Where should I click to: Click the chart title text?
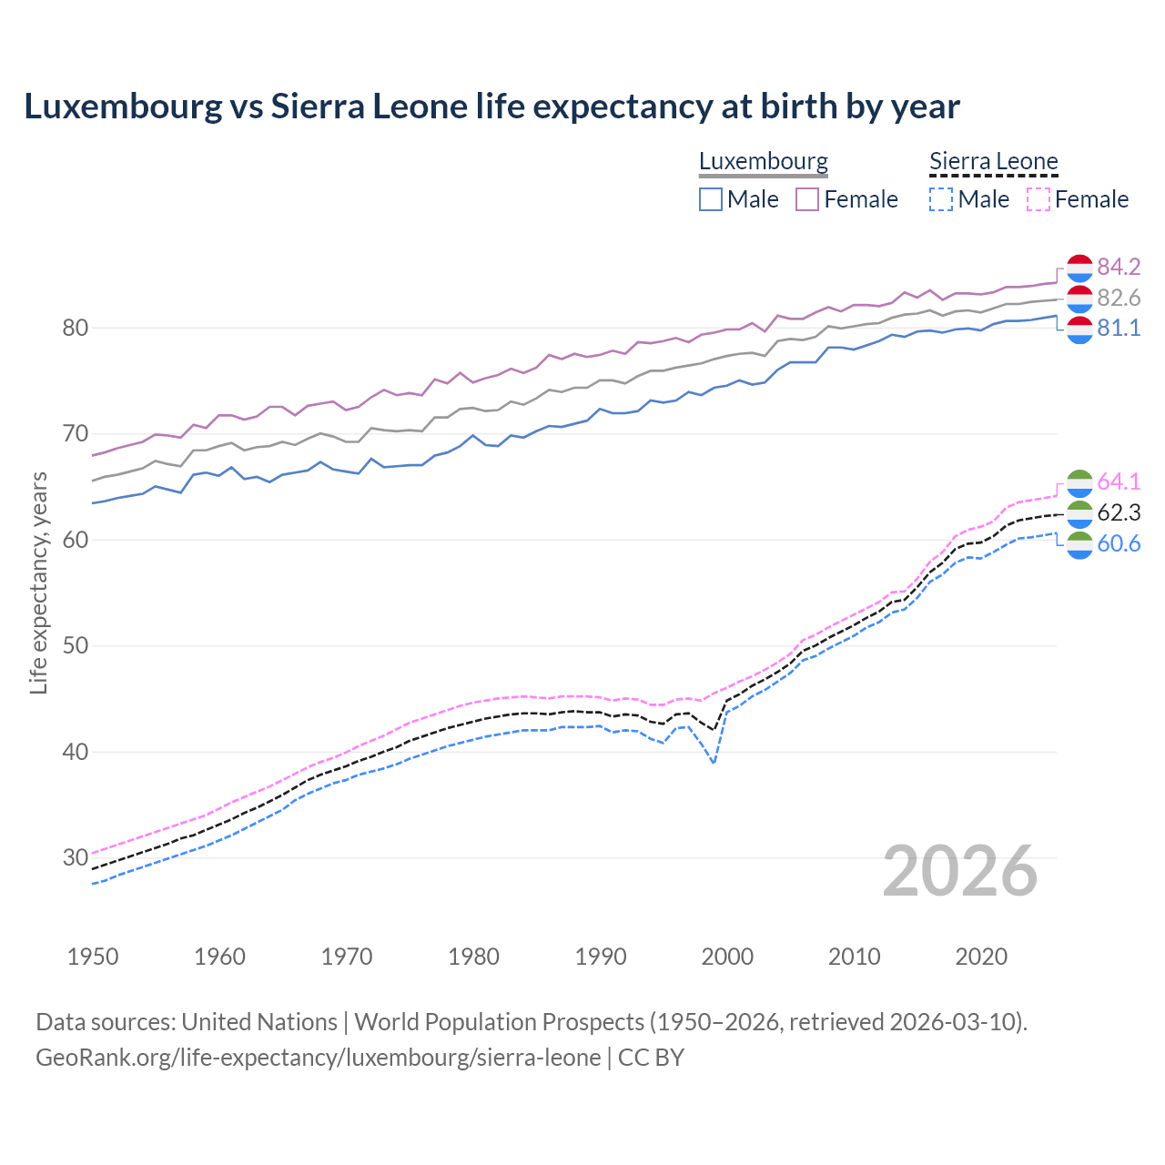(491, 106)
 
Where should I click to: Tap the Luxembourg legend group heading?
(763, 162)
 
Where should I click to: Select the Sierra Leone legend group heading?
(993, 162)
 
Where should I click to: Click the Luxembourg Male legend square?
(711, 199)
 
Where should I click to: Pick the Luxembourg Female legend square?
(807, 199)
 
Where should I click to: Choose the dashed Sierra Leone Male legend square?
(941, 199)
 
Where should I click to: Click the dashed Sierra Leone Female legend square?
(1038, 199)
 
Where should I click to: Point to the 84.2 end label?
(1119, 267)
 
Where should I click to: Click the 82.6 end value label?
(1119, 298)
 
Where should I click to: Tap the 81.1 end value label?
(1119, 329)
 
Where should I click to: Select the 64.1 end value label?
(1119, 481)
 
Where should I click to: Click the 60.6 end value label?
(1119, 543)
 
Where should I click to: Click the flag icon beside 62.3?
(1079, 513)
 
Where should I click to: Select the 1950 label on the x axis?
(93, 957)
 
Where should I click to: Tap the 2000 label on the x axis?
(727, 957)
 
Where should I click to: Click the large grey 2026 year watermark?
(959, 871)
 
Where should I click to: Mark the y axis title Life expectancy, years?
(38, 582)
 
